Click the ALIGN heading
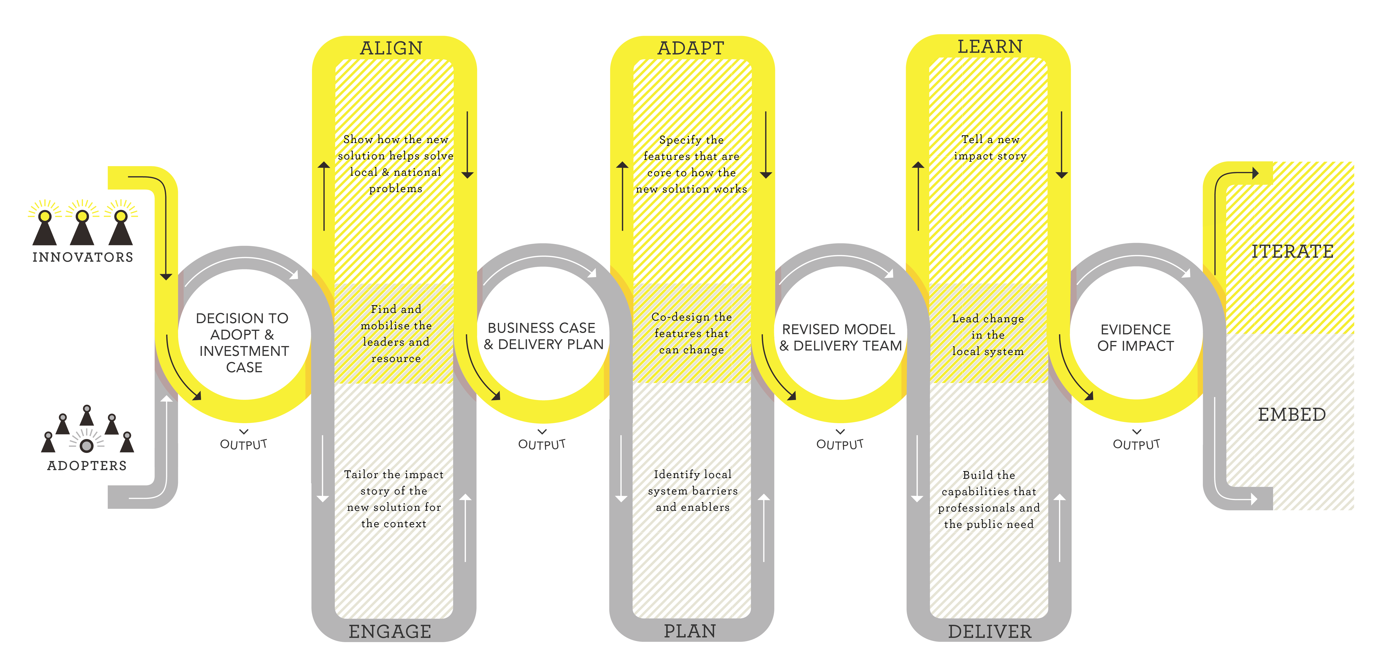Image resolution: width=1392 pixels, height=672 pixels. tap(391, 48)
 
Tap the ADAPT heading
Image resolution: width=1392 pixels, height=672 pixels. tap(691, 48)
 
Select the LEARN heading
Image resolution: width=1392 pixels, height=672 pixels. tap(990, 46)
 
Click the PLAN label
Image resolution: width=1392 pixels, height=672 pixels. tap(690, 631)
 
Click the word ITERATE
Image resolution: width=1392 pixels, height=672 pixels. tap(1292, 251)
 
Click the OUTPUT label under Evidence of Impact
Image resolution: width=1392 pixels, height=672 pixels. tap(1136, 444)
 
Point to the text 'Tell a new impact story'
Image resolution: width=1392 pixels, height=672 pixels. tap(990, 148)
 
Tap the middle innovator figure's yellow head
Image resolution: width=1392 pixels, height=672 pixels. tap(82, 216)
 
